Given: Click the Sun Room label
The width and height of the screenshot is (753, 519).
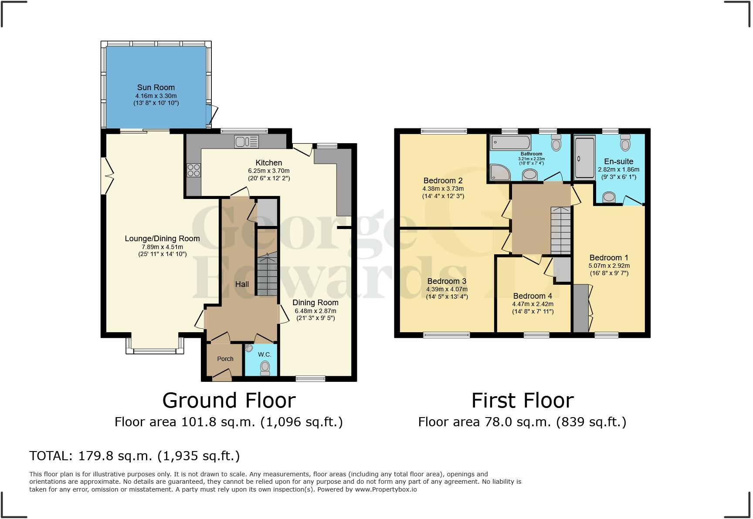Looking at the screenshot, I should pyautogui.click(x=156, y=88).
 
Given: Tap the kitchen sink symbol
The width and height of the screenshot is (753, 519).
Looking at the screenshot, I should pyautogui.click(x=246, y=142).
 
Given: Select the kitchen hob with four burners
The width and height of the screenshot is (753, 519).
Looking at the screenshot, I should pyautogui.click(x=193, y=170).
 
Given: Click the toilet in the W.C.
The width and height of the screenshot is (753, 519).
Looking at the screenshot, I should pyautogui.click(x=265, y=368).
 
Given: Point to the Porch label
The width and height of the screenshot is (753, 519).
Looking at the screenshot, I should pyautogui.click(x=225, y=359).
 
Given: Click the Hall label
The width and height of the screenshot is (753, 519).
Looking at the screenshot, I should pyautogui.click(x=242, y=284).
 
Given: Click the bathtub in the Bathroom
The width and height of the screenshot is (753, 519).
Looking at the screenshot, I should pyautogui.click(x=510, y=142).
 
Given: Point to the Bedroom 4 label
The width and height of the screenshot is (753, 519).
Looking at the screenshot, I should pyautogui.click(x=533, y=296).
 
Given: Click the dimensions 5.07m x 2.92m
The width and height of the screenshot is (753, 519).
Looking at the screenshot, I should pyautogui.click(x=609, y=266).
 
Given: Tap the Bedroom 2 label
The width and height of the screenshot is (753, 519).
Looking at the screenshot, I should pyautogui.click(x=443, y=181).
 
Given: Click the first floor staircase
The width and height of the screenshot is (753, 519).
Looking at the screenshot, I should pyautogui.click(x=561, y=231).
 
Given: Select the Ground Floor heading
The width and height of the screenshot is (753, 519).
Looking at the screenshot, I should pyautogui.click(x=229, y=400).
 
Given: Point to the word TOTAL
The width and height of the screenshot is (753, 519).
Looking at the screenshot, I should pyautogui.click(x=49, y=456).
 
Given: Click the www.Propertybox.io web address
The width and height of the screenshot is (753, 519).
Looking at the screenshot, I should pyautogui.click(x=386, y=489).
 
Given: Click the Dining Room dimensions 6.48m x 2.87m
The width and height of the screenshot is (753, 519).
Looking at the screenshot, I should pyautogui.click(x=315, y=311).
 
